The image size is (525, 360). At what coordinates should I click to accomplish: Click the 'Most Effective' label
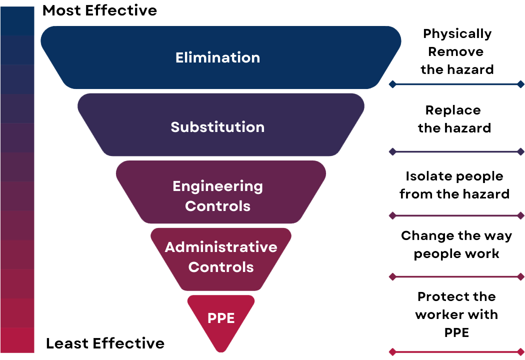click(x=99, y=10)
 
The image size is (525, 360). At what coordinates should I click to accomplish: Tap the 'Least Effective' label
click(x=105, y=343)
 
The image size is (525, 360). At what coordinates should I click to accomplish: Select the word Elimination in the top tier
click(x=217, y=57)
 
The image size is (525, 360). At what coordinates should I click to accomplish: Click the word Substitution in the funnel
click(x=217, y=127)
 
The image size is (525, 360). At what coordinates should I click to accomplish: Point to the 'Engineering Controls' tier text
click(x=217, y=195)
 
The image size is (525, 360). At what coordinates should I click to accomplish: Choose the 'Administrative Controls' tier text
click(x=221, y=257)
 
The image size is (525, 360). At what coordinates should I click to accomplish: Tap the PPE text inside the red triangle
click(x=221, y=318)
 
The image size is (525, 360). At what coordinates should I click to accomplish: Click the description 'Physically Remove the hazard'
click(x=457, y=51)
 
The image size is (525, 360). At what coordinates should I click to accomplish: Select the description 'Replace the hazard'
click(x=454, y=119)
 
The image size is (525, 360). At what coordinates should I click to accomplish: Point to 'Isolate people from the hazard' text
click(x=454, y=185)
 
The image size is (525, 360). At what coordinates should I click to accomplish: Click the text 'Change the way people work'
click(x=456, y=244)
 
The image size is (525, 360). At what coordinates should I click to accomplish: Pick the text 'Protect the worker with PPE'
click(x=456, y=314)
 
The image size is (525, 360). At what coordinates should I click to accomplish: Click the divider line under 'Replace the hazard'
click(x=456, y=151)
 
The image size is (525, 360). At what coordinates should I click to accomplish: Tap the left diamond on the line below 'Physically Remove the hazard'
click(x=392, y=84)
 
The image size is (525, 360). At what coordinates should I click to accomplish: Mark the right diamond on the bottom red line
click(x=520, y=352)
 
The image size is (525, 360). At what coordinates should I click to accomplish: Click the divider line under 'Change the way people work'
click(x=456, y=276)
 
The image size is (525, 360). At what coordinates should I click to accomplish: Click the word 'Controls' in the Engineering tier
click(x=217, y=206)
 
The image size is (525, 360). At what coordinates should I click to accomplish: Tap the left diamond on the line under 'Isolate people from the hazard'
click(x=392, y=215)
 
